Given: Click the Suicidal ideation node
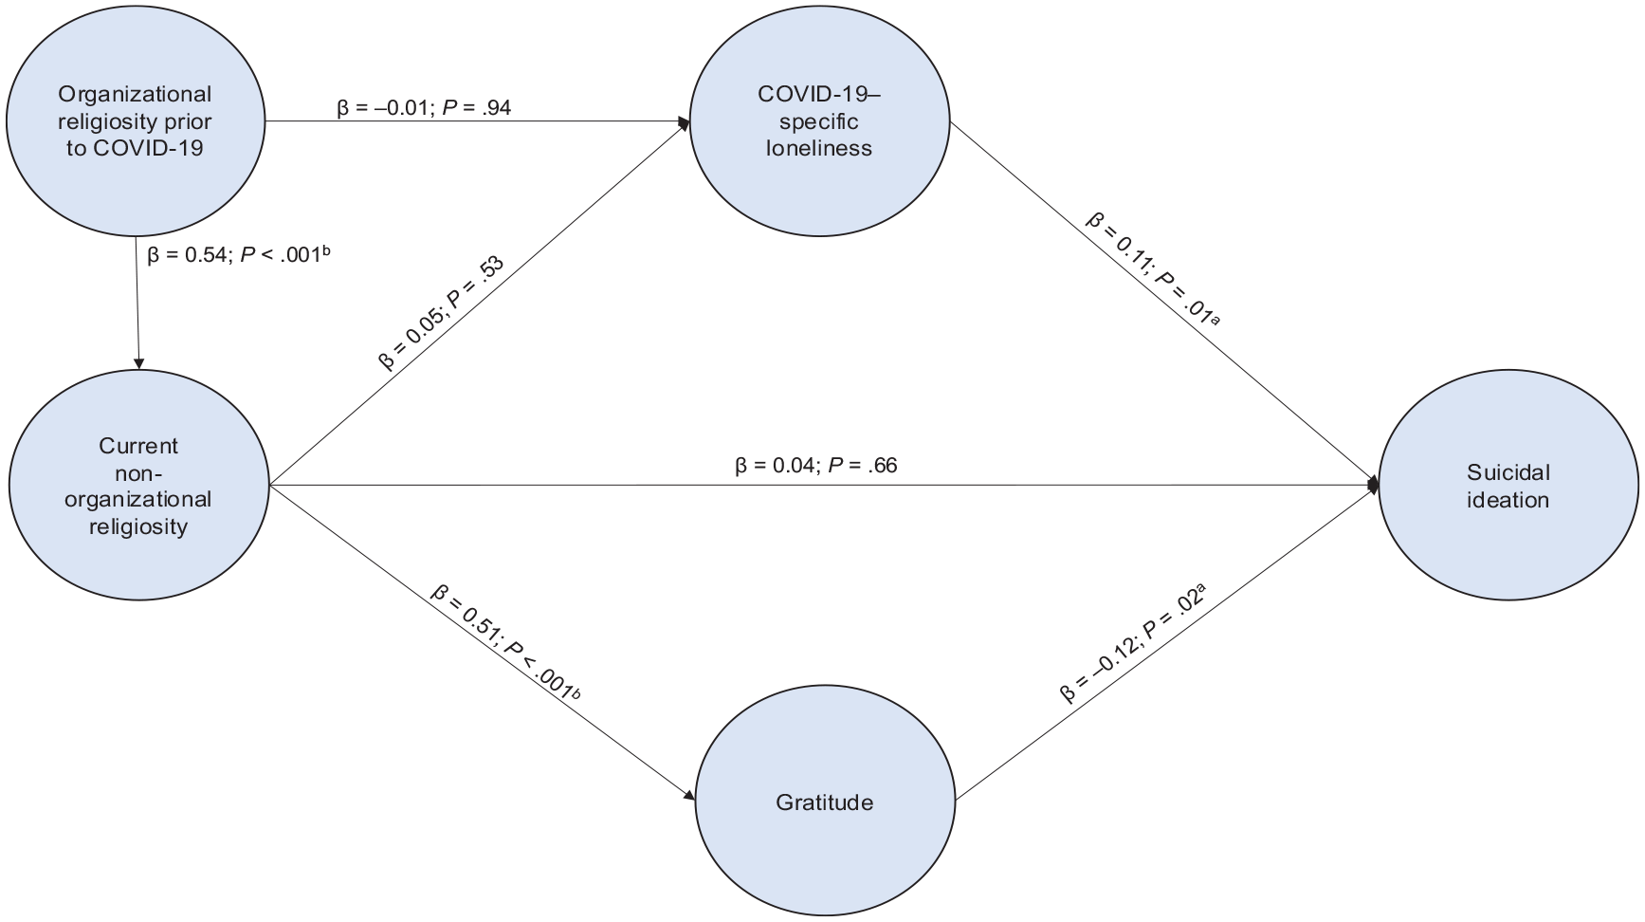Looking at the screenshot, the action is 1508,486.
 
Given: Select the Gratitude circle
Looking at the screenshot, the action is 826,802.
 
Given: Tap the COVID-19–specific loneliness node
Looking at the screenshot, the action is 820,121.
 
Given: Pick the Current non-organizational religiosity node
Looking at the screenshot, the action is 139,486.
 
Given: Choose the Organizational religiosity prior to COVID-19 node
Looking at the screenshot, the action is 136,120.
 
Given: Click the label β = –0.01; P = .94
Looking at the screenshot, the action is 424,107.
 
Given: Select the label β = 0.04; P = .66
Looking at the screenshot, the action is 816,465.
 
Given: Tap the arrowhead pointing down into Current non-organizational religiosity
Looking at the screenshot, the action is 139,363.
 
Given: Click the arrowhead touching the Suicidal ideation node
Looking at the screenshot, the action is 1372,485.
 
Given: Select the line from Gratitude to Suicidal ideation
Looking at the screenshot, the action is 1165,644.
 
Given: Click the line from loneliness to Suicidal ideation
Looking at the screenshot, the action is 1162,303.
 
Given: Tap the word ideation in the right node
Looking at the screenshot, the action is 1508,500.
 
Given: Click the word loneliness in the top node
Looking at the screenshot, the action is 819,148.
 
